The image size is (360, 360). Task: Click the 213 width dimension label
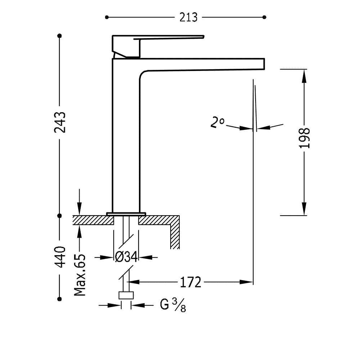pos(188,17)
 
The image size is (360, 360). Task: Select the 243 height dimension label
pos(60,122)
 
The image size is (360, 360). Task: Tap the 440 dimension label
pos(60,257)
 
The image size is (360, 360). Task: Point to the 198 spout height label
pos(305,138)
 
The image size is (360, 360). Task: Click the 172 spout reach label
pos(190,282)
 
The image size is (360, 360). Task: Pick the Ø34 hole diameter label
pos(126,257)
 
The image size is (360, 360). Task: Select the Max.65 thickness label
pos(80,275)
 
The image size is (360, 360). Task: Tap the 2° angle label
pos(217,123)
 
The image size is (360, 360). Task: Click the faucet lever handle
pos(158,46)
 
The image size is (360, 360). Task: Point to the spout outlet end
pos(264,64)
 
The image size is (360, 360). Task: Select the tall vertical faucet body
pos(126,135)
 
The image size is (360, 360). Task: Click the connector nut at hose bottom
pos(126,296)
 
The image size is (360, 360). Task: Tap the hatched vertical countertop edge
pos(175,232)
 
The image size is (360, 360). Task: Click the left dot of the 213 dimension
pos(107,17)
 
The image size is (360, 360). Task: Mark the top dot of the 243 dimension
pos(60,36)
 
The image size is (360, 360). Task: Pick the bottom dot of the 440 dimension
pos(60,299)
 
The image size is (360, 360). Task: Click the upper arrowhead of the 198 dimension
pos(304,76)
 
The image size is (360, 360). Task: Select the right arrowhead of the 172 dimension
pos(246,282)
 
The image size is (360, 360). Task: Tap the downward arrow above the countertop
pos(80,202)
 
